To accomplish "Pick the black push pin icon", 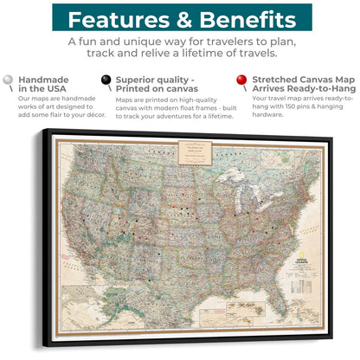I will click(x=106, y=80).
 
